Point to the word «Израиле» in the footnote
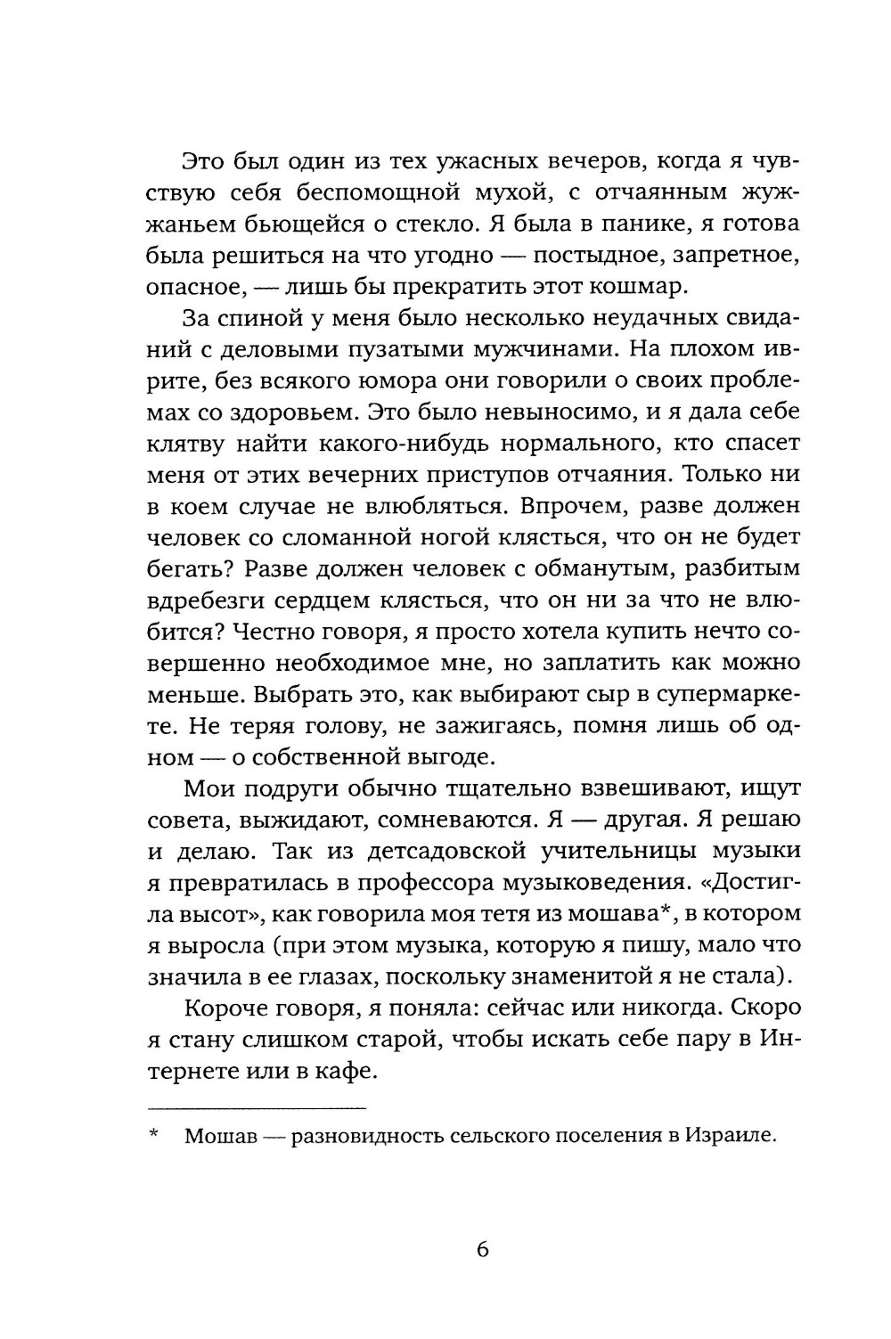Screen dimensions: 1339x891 pyautogui.click(x=727, y=1136)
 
